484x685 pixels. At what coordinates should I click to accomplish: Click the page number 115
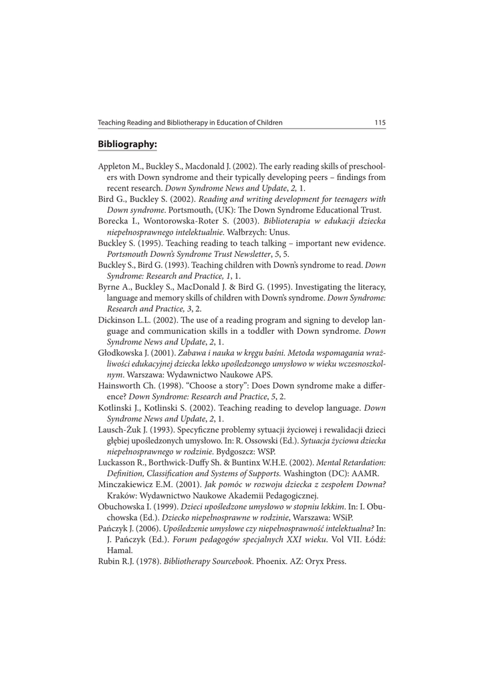pyautogui.click(x=380, y=122)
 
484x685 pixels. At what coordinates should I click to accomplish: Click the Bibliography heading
pyautogui.click(x=127, y=144)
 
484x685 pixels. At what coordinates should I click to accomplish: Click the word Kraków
pyautogui.click(x=121, y=495)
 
